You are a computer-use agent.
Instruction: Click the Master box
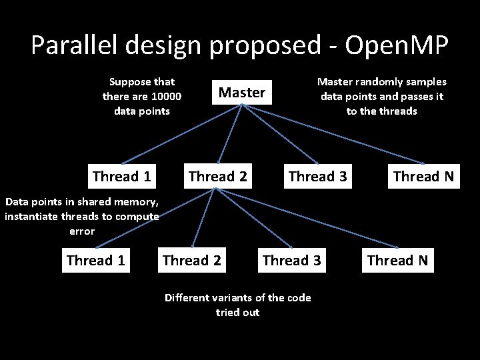(x=242, y=93)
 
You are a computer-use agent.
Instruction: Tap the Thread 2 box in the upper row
(x=218, y=177)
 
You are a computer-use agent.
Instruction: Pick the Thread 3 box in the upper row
(x=317, y=177)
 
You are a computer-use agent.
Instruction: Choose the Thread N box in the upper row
(x=423, y=177)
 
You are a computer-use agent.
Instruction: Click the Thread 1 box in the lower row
(x=96, y=260)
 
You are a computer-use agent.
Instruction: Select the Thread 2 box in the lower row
(x=192, y=260)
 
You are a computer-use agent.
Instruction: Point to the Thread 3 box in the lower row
(x=292, y=260)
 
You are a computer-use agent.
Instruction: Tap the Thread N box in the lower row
(x=397, y=260)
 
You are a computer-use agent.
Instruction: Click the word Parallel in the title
(x=71, y=45)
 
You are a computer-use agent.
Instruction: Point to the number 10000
(x=166, y=96)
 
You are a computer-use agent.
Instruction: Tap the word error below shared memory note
(x=82, y=231)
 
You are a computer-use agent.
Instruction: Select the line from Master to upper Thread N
(x=333, y=133)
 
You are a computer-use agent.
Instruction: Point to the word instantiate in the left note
(x=34, y=216)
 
